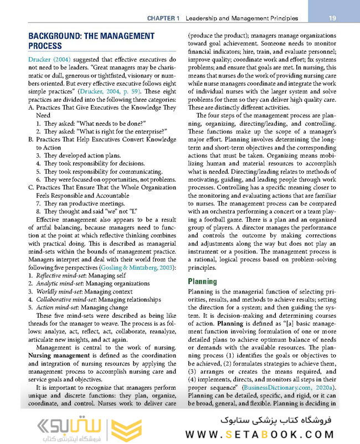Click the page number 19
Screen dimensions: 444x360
pos(332,18)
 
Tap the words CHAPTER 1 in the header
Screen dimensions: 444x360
pos(163,18)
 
